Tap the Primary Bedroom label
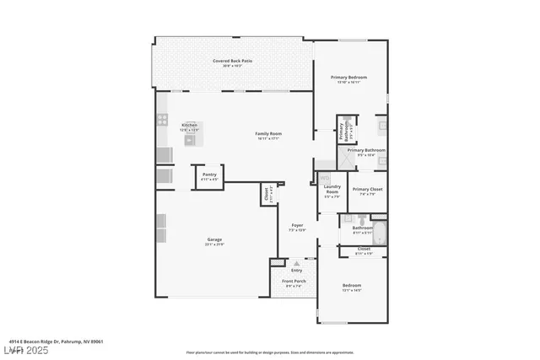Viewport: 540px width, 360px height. (x=352, y=78)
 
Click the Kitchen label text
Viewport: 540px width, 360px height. (x=189, y=126)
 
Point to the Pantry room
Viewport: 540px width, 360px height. (x=209, y=176)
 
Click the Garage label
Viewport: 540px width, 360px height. (x=215, y=240)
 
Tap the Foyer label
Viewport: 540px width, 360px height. (x=297, y=226)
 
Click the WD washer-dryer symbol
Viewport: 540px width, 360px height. (x=324, y=178)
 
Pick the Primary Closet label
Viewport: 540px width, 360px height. (x=368, y=190)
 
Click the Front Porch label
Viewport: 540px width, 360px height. (x=294, y=282)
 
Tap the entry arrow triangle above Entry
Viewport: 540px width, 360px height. (x=296, y=262)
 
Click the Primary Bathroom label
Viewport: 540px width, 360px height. (x=369, y=151)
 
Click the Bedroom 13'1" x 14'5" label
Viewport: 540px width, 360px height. (x=352, y=287)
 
